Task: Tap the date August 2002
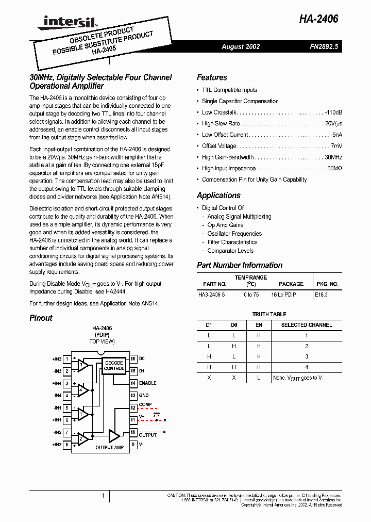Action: pyautogui.click(x=241, y=46)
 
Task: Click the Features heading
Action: pyautogui.click(x=212, y=77)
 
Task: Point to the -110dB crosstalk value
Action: pyautogui.click(x=333, y=112)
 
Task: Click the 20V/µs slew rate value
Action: pyautogui.click(x=333, y=124)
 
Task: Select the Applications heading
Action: pyautogui.click(x=218, y=195)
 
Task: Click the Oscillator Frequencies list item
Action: pyautogui.click(x=234, y=234)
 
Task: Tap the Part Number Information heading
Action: pyautogui.click(x=240, y=265)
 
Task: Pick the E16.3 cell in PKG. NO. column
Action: pyautogui.click(x=321, y=295)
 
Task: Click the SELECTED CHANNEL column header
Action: pyautogui.click(x=306, y=325)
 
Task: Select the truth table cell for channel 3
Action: pyautogui.click(x=306, y=356)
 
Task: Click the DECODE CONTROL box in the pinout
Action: pyautogui.click(x=114, y=366)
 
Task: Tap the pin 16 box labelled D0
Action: pyautogui.click(x=133, y=358)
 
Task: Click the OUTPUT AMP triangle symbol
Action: pyautogui.click(x=114, y=436)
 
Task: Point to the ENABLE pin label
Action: pyautogui.click(x=147, y=383)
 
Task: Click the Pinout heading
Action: pyautogui.click(x=41, y=318)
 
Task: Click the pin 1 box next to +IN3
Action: pyautogui.click(x=66, y=359)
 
